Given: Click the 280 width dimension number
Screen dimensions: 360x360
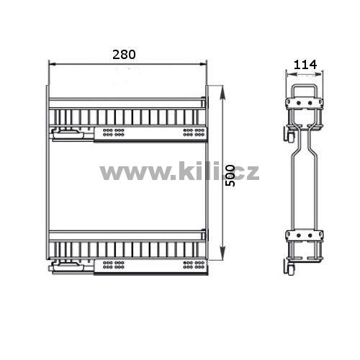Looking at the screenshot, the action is [124, 55].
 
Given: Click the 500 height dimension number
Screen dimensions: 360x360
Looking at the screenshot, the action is [230, 176].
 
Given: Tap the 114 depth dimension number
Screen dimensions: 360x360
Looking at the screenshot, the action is [305, 65].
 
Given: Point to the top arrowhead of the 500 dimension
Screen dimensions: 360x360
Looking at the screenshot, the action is [223, 91].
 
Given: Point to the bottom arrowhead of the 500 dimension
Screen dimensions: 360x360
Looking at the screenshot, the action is [223, 254].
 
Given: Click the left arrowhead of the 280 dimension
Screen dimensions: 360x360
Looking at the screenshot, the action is [53, 64].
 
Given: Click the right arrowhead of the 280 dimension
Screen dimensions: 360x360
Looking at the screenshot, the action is [203, 64].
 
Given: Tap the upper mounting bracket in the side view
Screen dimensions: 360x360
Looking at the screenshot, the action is [304, 103].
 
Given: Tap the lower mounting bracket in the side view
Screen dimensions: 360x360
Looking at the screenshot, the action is [304, 235].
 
